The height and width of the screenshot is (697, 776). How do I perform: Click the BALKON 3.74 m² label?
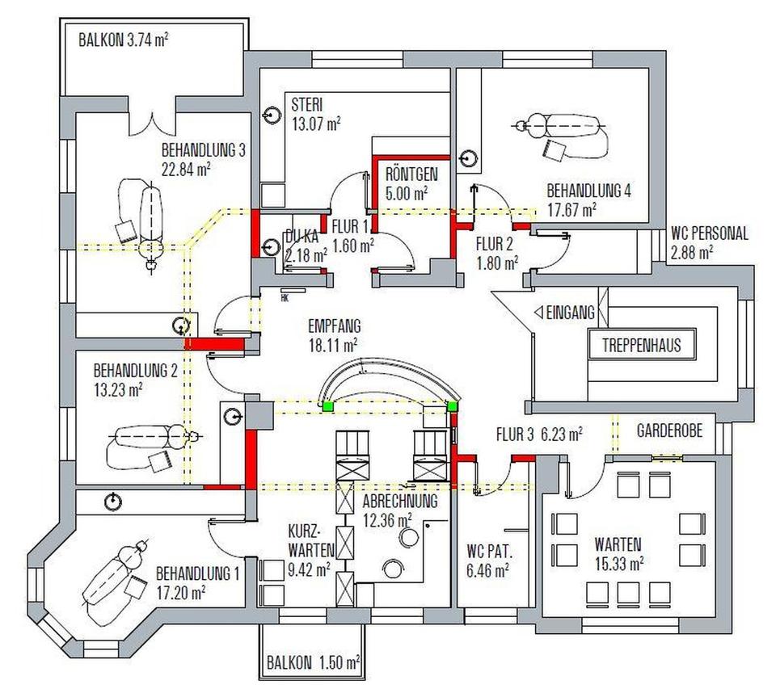124,40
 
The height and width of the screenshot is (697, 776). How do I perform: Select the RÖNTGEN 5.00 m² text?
411,183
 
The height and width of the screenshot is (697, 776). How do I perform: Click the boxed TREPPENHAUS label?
641,346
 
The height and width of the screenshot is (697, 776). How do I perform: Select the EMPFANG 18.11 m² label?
334,335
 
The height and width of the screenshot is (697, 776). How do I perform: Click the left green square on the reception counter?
327,405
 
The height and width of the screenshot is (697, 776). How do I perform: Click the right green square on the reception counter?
453,405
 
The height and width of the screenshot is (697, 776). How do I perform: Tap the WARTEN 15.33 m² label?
618,553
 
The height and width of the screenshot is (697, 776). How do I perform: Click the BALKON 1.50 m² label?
313,663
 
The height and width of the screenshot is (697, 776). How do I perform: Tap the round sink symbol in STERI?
269,115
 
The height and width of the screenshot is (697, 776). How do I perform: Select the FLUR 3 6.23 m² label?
539,435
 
